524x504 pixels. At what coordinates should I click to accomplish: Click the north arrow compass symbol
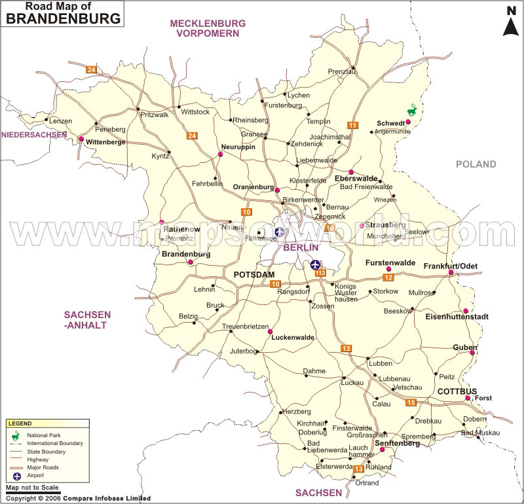[x=510, y=21]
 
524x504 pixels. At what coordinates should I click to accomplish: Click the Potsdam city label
[x=254, y=275]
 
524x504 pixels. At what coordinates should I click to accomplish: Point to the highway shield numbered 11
[x=353, y=125]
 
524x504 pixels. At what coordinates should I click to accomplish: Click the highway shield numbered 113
[x=320, y=273]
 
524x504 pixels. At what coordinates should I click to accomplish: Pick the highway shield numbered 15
[x=411, y=402]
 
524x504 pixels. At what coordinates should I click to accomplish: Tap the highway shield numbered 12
[x=388, y=278]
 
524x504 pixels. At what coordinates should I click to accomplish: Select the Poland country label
[x=476, y=164]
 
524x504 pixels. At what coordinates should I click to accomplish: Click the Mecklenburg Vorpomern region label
[x=208, y=28]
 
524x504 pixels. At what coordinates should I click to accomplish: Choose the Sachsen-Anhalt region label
[x=84, y=319]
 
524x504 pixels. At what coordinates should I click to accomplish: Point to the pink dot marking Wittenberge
[x=81, y=139]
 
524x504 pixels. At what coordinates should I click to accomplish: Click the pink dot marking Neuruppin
[x=221, y=154]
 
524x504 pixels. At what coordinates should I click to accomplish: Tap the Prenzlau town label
[x=340, y=72]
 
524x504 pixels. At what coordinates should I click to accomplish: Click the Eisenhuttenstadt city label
[x=457, y=317]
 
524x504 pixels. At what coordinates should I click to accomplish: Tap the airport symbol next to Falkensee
[x=280, y=231]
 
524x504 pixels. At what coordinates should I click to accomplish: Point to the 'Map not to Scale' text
[x=32, y=488]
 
